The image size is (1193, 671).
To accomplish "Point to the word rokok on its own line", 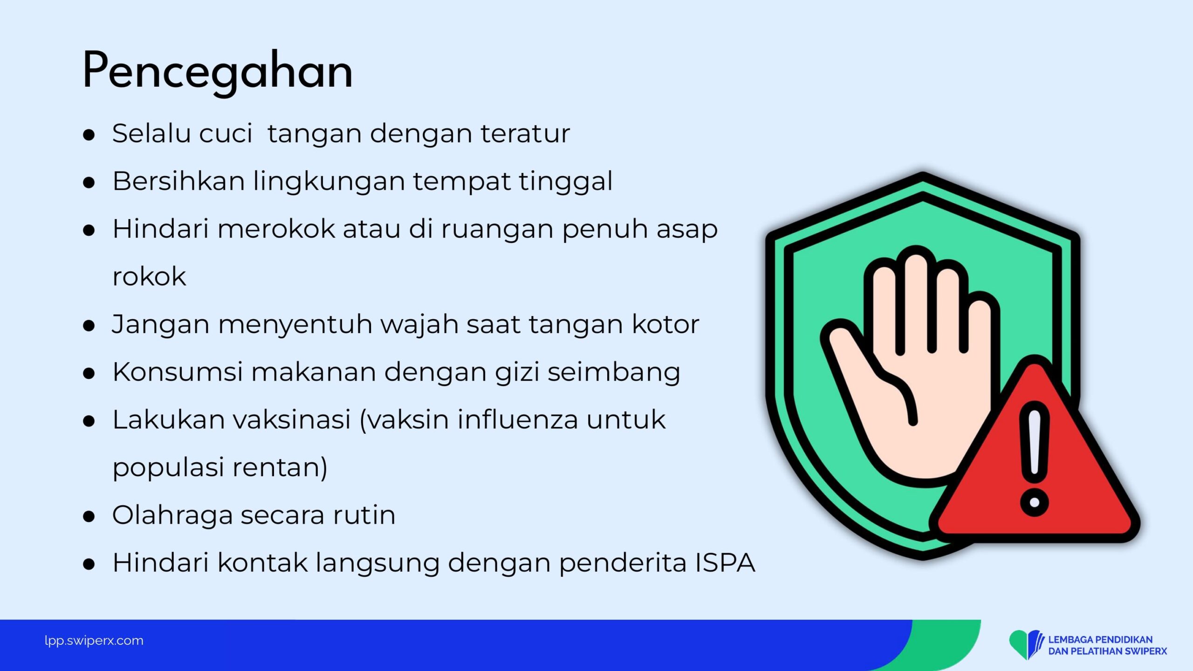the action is tap(149, 277).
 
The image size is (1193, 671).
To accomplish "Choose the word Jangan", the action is tap(160, 325).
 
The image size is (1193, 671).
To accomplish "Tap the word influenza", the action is tap(517, 419).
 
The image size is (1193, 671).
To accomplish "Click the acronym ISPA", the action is tap(725, 562).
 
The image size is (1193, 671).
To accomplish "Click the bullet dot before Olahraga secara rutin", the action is tap(89, 516).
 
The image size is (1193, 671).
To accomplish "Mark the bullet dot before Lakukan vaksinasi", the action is tap(89, 421).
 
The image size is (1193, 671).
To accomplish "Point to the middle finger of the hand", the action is tap(916, 298).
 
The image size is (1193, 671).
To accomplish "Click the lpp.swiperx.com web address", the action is tap(94, 641).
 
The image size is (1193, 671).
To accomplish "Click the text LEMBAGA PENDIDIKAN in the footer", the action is tap(1100, 640).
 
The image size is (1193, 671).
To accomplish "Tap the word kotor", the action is tap(665, 324).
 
